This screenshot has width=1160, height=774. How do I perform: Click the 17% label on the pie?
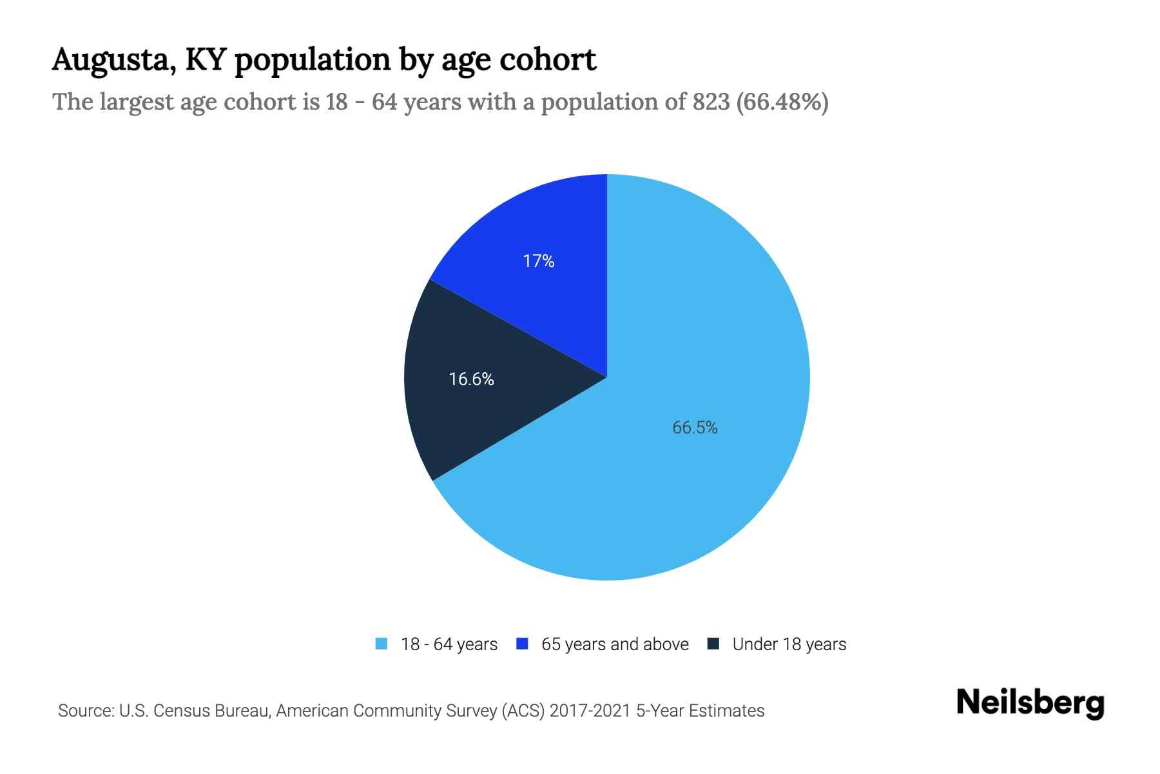[539, 261]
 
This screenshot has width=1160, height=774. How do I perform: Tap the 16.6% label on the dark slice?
[471, 379]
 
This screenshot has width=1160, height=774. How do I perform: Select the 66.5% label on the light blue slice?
[695, 428]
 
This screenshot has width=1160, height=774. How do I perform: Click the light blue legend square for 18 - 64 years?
[382, 644]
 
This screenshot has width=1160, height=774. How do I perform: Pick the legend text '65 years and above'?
[615, 644]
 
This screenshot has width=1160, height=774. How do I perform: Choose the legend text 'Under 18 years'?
[789, 644]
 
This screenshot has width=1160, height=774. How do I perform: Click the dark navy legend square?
[713, 644]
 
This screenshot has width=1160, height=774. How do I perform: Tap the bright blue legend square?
[523, 644]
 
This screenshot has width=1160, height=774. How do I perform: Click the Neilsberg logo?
[1030, 703]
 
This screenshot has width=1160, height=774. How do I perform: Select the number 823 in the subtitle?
[711, 102]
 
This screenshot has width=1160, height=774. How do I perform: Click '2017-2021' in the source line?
[590, 711]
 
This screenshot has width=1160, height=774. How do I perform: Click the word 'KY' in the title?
[205, 59]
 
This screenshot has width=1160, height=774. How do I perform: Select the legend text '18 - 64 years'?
[449, 644]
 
